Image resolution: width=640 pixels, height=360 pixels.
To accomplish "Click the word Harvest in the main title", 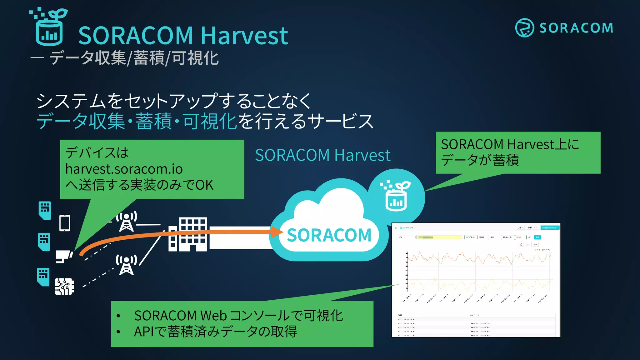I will (x=244, y=36).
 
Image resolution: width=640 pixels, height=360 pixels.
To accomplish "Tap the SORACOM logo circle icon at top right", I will (x=524, y=28).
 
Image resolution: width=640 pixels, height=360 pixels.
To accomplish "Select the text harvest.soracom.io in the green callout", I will (x=124, y=169).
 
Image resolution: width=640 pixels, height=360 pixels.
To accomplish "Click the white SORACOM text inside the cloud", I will (x=329, y=235).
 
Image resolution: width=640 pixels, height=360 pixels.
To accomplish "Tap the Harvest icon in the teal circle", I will (x=396, y=196).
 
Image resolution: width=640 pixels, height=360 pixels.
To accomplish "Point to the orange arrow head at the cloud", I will (x=277, y=232).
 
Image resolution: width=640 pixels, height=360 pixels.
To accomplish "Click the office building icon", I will (x=188, y=234).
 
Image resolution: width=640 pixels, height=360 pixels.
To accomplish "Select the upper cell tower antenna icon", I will (x=127, y=221).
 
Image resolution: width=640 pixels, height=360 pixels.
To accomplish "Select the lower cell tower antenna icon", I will (x=127, y=265).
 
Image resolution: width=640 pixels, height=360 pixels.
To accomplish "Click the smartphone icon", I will (x=65, y=223).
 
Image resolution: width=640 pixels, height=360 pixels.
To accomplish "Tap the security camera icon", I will (x=64, y=256).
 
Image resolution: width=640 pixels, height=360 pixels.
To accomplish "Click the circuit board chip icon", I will (x=65, y=286).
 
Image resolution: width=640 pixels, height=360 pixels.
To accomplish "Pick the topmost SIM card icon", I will (x=45, y=210).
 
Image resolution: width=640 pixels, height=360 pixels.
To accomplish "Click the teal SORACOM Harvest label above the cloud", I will (x=322, y=155).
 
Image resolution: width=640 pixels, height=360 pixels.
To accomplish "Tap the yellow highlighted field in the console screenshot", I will (x=439, y=237).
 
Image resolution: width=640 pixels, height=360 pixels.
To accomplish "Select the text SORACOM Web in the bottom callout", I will (x=180, y=316).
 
